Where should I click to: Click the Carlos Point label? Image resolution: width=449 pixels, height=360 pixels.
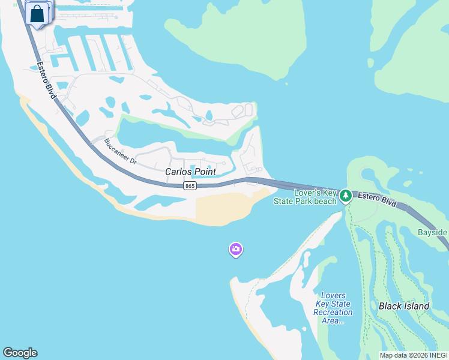(x=190, y=172)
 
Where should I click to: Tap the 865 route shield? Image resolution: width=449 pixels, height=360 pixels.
(x=190, y=186)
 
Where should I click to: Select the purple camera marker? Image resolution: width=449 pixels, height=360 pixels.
(x=236, y=249)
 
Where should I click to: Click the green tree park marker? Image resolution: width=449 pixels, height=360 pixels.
(x=345, y=196)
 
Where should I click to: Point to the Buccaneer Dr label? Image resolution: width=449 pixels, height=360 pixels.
(x=120, y=152)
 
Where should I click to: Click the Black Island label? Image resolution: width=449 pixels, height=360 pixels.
(x=404, y=306)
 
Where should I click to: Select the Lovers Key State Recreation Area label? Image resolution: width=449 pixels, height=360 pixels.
(x=333, y=308)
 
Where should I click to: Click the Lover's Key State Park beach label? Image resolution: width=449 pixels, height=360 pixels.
(x=315, y=197)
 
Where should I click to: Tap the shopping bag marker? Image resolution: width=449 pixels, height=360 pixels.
(x=37, y=14)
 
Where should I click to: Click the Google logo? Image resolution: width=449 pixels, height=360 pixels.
(x=20, y=353)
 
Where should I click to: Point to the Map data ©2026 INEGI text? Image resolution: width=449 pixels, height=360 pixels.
(x=413, y=355)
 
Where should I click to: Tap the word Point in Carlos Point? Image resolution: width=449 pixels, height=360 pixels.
(x=204, y=172)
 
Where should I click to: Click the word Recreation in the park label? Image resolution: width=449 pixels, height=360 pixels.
(x=333, y=312)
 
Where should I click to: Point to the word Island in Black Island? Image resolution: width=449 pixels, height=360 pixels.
(x=416, y=306)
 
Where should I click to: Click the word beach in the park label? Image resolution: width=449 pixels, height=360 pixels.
(x=325, y=201)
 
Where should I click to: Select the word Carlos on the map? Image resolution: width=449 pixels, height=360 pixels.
(x=178, y=172)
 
